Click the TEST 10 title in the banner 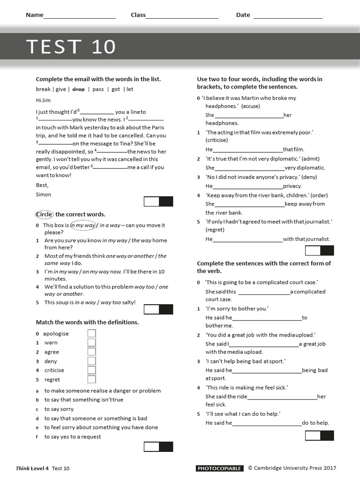70,47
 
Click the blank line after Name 79,15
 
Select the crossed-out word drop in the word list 78,89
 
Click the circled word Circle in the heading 45,214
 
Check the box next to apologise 91,333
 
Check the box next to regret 91,379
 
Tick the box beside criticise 91,370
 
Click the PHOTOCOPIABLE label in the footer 219,468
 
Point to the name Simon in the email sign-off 44,194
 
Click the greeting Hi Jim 43,100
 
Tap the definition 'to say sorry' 59,409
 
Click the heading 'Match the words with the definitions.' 87,322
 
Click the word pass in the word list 98,89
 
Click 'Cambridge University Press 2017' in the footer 295,468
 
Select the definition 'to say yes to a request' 73,436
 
